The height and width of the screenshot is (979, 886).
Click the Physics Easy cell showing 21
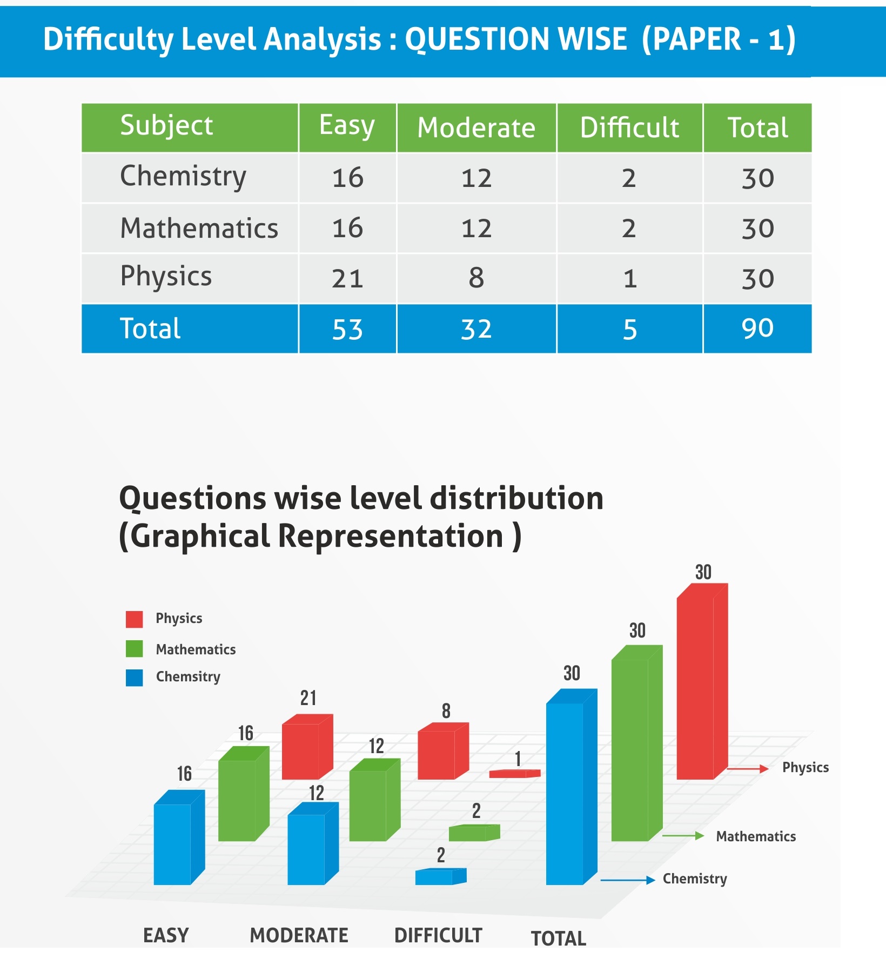(x=347, y=279)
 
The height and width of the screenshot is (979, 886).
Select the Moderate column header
(x=476, y=128)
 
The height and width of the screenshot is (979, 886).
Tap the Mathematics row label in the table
(x=199, y=228)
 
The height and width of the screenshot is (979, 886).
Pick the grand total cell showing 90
(x=757, y=328)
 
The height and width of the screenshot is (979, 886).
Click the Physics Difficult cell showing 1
(x=629, y=279)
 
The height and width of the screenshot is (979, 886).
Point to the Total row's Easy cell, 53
(x=347, y=329)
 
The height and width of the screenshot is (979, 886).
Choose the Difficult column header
(x=629, y=128)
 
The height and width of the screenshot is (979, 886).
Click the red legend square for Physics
(x=134, y=619)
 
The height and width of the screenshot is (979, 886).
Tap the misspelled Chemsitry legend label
(x=188, y=677)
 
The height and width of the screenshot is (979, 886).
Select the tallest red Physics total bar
(x=697, y=686)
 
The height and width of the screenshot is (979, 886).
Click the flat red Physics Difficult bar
(x=513, y=774)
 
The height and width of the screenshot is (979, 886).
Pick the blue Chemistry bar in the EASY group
(x=173, y=843)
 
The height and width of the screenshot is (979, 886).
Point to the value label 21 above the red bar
(x=308, y=698)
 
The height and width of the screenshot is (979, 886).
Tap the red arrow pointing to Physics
(x=748, y=768)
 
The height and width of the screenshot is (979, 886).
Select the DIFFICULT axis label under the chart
(x=438, y=935)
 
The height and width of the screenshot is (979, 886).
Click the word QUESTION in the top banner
(x=516, y=39)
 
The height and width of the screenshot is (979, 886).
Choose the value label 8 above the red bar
(x=446, y=711)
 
